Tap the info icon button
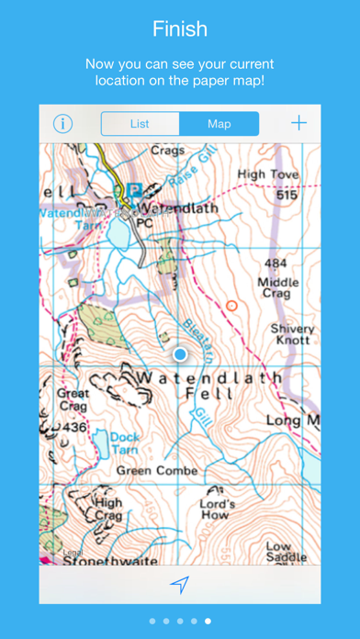(x=62, y=124)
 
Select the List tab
(x=140, y=124)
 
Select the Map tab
(x=219, y=124)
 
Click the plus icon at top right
(x=299, y=123)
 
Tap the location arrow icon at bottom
(x=180, y=584)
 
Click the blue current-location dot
(x=180, y=353)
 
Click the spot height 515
(x=287, y=196)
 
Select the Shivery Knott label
(x=292, y=334)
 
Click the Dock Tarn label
(x=125, y=443)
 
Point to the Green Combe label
(x=157, y=470)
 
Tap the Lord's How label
(x=218, y=510)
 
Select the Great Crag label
(x=73, y=398)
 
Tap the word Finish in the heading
(x=180, y=29)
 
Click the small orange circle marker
(x=231, y=305)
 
